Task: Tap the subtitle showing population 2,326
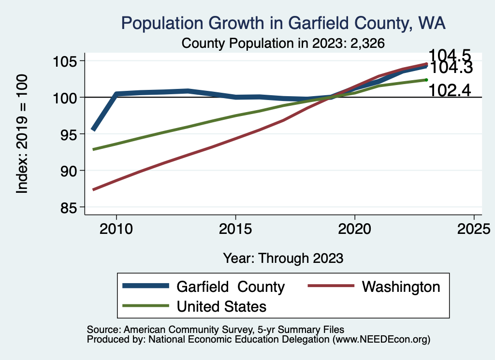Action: (283, 43)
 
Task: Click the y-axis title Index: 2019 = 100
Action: (22, 134)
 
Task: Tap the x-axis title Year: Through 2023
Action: (283, 258)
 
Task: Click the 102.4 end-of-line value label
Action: (450, 90)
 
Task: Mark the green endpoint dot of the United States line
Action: (426, 80)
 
